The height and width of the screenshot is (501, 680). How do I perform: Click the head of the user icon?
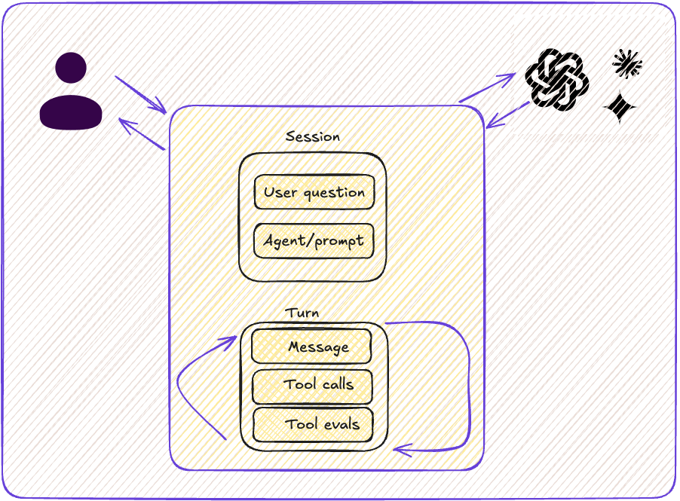[x=71, y=68]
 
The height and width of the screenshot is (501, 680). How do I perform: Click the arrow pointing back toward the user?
[x=142, y=133]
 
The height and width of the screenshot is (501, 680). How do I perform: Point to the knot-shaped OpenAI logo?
[x=556, y=79]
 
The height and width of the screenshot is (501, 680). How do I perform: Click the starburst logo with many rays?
[x=626, y=64]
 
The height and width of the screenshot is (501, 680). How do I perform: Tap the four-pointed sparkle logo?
[x=620, y=107]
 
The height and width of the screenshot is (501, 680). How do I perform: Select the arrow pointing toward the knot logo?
[x=487, y=87]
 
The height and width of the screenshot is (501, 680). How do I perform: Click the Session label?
[x=312, y=137]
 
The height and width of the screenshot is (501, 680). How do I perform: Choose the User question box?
[x=314, y=192]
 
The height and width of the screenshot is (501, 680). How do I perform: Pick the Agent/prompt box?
[x=314, y=241]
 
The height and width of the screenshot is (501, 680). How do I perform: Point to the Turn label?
[x=302, y=313]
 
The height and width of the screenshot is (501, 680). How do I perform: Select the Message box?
[x=311, y=347]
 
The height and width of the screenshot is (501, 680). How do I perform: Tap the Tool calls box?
[x=311, y=386]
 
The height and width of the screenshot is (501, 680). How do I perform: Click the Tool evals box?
[x=312, y=425]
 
